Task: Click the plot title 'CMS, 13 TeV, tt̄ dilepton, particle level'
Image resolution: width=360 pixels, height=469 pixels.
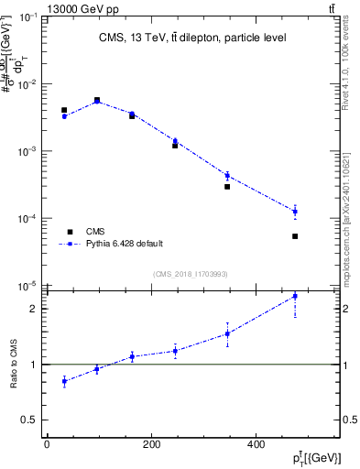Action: tap(193, 38)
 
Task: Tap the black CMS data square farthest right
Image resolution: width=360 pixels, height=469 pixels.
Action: tap(295, 236)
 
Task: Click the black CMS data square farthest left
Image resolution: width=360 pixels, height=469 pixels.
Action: tap(64, 110)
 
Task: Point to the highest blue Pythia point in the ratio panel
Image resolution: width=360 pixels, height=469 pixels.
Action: tap(295, 296)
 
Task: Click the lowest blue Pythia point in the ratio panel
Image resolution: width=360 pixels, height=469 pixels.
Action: tap(64, 381)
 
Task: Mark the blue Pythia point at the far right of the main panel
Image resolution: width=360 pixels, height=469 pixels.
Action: tap(295, 212)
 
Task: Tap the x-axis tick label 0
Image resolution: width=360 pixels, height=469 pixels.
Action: tap(47, 445)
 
